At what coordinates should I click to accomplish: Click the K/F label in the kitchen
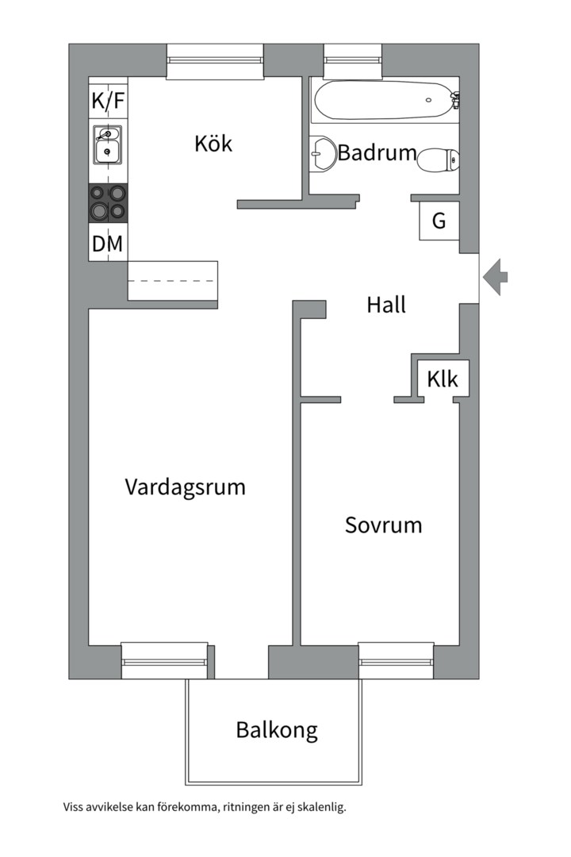[x=108, y=101]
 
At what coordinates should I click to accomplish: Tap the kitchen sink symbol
[x=106, y=144]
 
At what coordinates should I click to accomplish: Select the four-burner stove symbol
[x=108, y=202]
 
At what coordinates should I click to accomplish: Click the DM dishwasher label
[x=108, y=244]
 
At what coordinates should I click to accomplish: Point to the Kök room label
[x=213, y=144]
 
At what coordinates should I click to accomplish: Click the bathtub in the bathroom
[x=384, y=101]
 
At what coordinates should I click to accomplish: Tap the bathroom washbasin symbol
[x=323, y=153]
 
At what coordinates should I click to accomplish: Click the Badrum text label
[x=377, y=152]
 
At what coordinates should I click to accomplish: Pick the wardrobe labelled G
[x=439, y=221]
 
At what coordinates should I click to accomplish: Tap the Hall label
[x=386, y=305]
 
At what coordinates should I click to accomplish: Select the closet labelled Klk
[x=443, y=379]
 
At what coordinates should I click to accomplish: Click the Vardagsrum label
[x=185, y=486]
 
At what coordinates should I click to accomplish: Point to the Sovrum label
[x=383, y=525]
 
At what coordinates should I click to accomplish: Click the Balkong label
[x=277, y=729]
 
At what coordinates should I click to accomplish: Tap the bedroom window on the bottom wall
[x=396, y=660]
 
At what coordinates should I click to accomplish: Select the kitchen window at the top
[x=214, y=61]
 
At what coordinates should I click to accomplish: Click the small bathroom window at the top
[x=353, y=60]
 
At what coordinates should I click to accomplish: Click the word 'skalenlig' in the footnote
[x=319, y=808]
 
